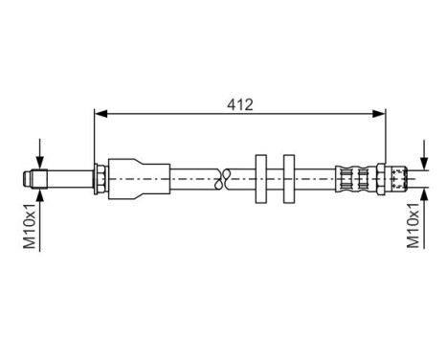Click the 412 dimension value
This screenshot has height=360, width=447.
tap(240, 103)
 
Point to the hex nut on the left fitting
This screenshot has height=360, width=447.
tap(100, 177)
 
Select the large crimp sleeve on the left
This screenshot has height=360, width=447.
tap(134, 177)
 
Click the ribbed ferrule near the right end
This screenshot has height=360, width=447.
tap(355, 177)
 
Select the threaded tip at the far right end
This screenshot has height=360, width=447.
tap(399, 177)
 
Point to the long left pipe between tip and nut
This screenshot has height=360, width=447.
tap(68, 177)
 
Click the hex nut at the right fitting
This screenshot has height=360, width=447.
tap(381, 177)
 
